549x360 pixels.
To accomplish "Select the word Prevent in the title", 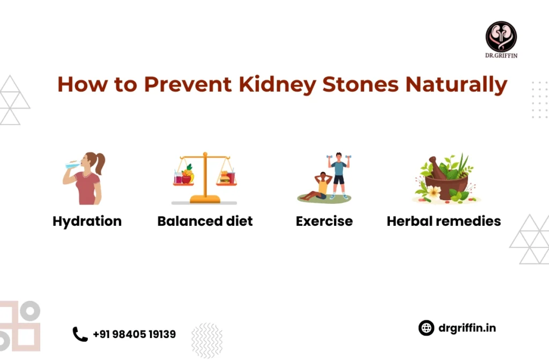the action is [188, 84].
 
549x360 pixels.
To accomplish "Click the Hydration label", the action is [87, 222].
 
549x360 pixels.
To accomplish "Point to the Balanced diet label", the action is [205, 221].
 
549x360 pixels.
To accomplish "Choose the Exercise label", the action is [324, 221].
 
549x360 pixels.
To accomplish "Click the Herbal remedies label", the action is [443, 221].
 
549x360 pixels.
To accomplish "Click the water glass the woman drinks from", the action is [72, 165].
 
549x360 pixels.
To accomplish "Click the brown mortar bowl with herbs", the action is [447, 186].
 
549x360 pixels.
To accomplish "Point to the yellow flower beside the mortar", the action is [434, 192].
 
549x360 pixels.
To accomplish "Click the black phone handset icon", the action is [80, 334].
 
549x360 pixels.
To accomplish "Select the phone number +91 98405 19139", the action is [135, 334].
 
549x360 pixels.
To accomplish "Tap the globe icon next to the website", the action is [426, 328].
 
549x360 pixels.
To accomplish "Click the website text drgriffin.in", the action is [467, 328].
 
